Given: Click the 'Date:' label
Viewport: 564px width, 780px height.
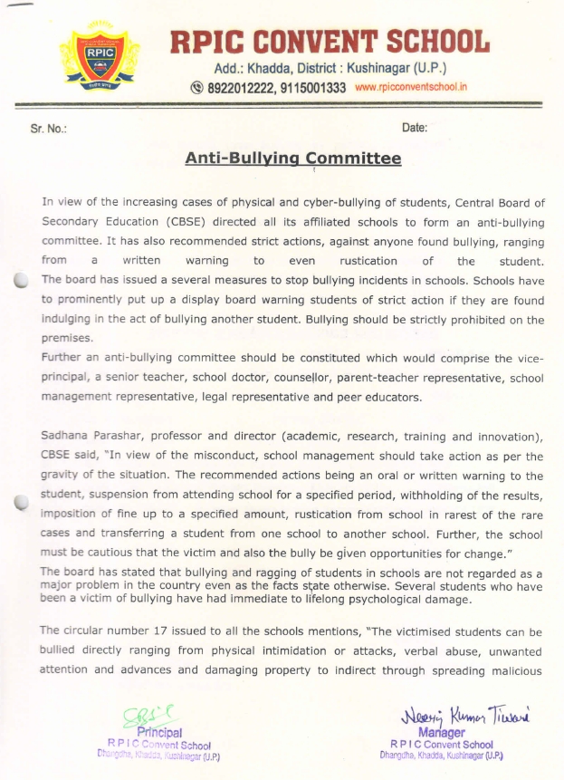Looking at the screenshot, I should [x=414, y=129].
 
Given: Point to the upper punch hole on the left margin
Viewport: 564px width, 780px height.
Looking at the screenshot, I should [x=21, y=282].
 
